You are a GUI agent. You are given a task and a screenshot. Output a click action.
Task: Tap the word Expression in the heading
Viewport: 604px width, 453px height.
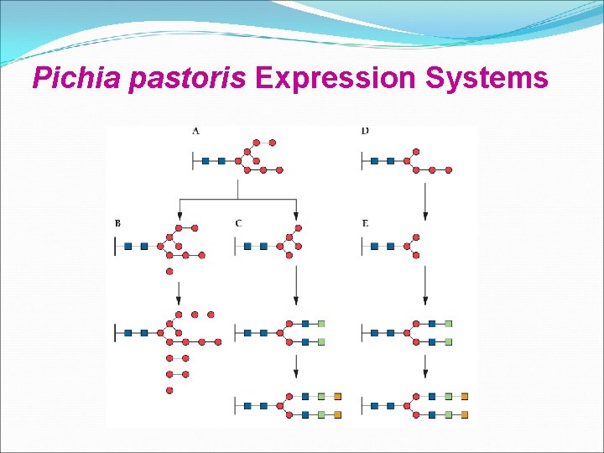coord(336,78)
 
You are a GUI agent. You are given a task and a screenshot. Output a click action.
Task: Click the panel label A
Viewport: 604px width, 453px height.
coord(195,131)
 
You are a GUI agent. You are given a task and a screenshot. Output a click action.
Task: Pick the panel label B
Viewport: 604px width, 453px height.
coord(117,223)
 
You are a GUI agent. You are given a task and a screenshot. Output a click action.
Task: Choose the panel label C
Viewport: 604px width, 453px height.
coord(239,223)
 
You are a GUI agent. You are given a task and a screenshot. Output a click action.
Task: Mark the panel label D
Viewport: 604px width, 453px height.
coord(365,131)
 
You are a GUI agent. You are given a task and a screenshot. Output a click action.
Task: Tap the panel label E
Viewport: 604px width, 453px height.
coord(365,223)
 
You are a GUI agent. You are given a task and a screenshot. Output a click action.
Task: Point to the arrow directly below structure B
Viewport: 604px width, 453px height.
coord(179,292)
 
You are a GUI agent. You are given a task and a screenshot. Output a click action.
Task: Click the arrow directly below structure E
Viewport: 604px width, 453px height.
coord(425,285)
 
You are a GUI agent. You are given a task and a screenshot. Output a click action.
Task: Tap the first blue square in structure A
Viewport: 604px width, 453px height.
coord(206,160)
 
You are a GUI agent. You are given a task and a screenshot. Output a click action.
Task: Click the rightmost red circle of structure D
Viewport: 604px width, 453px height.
coord(449,169)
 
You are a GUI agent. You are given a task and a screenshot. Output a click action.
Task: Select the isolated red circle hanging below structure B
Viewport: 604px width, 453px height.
coord(169,272)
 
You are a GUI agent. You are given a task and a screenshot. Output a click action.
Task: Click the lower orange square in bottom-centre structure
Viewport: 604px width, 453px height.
coord(337,414)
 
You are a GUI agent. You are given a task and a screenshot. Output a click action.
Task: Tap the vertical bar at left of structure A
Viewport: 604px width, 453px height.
coord(194,160)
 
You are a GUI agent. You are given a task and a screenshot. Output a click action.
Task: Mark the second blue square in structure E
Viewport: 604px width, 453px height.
coord(390,247)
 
